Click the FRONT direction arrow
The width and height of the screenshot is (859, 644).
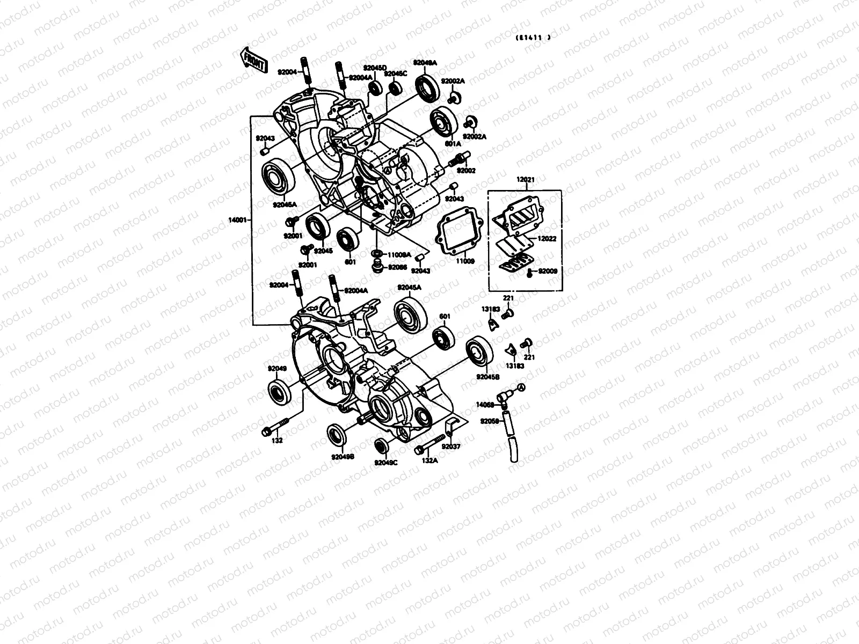[253, 60]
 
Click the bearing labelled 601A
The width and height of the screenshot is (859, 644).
[443, 122]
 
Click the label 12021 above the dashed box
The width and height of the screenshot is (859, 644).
[526, 180]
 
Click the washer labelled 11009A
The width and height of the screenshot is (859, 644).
[376, 254]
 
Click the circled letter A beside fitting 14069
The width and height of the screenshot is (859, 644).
[521, 389]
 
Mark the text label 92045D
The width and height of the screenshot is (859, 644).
[375, 68]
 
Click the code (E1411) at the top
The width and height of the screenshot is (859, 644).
[533, 38]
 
